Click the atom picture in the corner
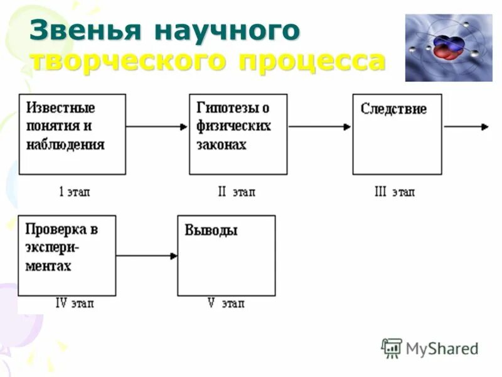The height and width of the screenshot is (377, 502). pyautogui.click(x=448, y=48)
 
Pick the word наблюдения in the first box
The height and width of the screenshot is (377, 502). pyautogui.click(x=65, y=145)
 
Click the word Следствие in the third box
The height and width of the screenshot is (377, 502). pyautogui.click(x=393, y=109)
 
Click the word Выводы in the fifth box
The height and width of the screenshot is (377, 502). pyautogui.click(x=211, y=231)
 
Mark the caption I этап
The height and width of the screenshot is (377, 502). pyautogui.click(x=74, y=192)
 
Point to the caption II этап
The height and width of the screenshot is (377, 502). pyautogui.click(x=237, y=192)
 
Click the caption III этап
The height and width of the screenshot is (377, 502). pyautogui.click(x=394, y=192)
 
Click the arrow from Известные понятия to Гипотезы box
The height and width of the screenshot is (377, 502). pyautogui.click(x=157, y=126)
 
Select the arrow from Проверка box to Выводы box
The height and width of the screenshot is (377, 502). pyautogui.click(x=147, y=255)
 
